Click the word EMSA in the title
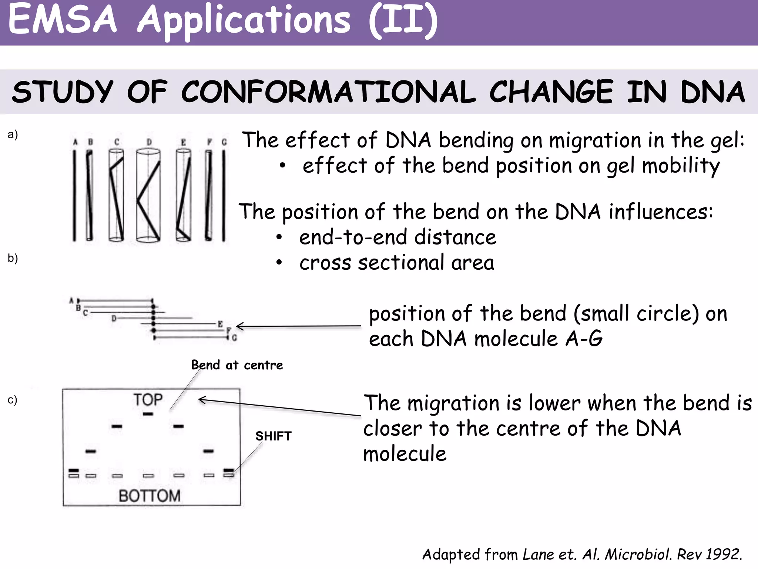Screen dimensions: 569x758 62,19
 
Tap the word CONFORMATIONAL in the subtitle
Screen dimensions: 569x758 328,92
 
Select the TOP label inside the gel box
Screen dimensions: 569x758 148,400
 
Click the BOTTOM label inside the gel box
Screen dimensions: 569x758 150,496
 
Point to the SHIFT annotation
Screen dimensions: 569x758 273,436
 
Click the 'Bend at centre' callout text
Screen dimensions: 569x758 237,365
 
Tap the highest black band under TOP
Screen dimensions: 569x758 148,414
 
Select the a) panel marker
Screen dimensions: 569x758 13,134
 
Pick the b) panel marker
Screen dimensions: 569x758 13,258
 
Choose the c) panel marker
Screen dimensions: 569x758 13,400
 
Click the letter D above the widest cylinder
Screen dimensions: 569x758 149,142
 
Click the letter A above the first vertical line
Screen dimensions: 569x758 76,142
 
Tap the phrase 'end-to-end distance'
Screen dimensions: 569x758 398,237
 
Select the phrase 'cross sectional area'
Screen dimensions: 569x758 397,263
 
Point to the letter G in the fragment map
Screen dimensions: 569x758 234,338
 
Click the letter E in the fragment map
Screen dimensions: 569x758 220,324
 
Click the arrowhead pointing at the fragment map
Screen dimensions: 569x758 239,326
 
